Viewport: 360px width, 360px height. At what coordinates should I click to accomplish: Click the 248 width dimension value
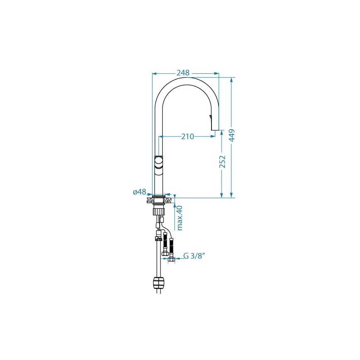[183, 73]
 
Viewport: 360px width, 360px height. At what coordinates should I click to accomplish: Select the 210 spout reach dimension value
[187, 136]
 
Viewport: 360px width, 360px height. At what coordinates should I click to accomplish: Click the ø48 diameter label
[140, 192]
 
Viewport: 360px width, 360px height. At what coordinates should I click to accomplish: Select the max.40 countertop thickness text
[180, 217]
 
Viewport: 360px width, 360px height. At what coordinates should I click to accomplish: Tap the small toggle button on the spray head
[211, 117]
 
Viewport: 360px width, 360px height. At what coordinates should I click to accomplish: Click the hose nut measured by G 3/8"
[170, 260]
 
